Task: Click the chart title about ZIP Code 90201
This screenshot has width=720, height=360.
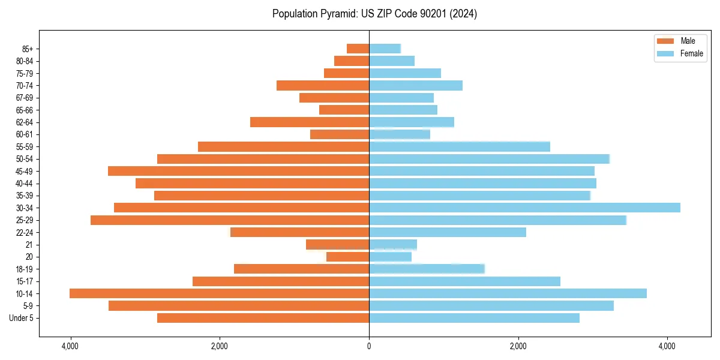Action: tap(374, 14)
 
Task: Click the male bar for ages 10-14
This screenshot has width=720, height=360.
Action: tap(219, 293)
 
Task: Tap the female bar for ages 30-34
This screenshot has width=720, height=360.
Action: tap(524, 208)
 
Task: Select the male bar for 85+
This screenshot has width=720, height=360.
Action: tap(358, 49)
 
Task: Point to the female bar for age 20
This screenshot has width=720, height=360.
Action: tap(390, 257)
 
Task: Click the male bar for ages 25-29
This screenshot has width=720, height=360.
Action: tap(230, 220)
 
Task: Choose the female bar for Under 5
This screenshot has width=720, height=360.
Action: tap(474, 318)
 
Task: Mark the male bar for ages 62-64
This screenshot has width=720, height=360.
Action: tap(310, 122)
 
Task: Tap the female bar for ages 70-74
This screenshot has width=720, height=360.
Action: tap(416, 85)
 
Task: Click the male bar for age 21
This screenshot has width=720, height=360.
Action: tap(337, 244)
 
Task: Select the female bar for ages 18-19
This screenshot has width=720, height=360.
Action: tap(427, 269)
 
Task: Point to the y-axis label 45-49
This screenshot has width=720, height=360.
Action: tap(25, 171)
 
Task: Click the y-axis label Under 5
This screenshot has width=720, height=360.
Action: tap(22, 318)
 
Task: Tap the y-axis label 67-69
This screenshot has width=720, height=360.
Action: tap(25, 98)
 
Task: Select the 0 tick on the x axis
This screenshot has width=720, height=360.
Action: tap(369, 346)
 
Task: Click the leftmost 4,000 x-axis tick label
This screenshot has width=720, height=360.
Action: tap(70, 346)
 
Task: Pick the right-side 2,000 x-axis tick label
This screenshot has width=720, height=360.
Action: tap(518, 346)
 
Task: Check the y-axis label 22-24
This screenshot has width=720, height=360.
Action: tap(25, 232)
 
